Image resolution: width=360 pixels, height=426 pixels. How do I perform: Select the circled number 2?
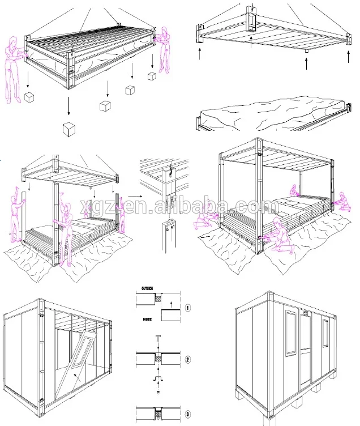pyautogui.click(x=187, y=359)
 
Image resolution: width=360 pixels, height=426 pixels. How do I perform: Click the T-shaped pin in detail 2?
pyautogui.click(x=156, y=341)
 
